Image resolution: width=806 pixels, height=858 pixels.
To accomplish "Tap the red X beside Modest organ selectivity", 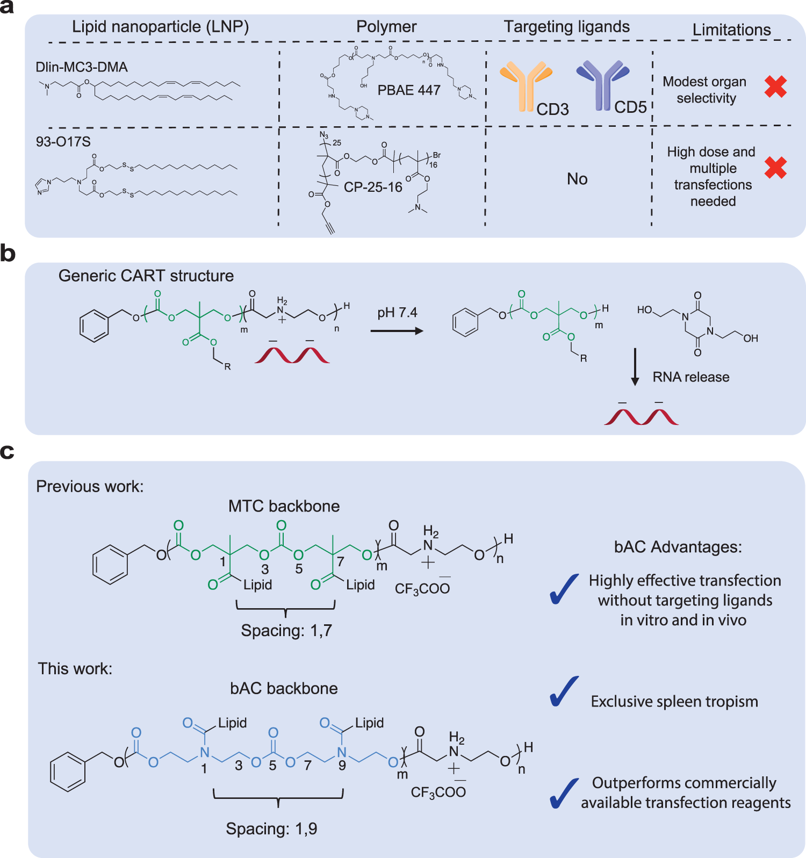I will [x=775, y=86].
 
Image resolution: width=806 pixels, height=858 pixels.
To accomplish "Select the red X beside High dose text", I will [x=775, y=168].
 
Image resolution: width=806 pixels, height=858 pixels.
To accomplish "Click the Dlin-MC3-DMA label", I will [x=82, y=67].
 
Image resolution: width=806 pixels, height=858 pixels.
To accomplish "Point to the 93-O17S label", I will [x=63, y=142].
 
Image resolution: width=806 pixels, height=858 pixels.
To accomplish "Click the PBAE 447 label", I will [x=409, y=90].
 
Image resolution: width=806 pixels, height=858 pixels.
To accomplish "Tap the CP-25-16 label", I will [x=373, y=187].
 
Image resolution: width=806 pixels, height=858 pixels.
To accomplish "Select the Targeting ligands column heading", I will [x=566, y=27].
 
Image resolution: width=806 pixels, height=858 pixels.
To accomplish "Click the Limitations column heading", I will [x=731, y=30].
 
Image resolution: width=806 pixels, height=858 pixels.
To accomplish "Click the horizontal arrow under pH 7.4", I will [x=397, y=331].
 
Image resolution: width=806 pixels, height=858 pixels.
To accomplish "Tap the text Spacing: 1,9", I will [x=271, y=828].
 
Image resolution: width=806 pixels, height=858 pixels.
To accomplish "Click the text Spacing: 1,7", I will [x=286, y=630].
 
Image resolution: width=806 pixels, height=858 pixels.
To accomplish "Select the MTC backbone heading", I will [x=284, y=506].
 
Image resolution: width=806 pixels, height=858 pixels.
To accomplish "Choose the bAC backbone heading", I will [x=284, y=688].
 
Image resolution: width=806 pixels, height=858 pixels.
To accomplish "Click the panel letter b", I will [x=8, y=253].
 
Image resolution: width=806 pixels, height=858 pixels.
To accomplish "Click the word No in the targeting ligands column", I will [x=577, y=179].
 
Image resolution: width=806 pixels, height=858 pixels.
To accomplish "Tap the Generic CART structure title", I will [x=146, y=276].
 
